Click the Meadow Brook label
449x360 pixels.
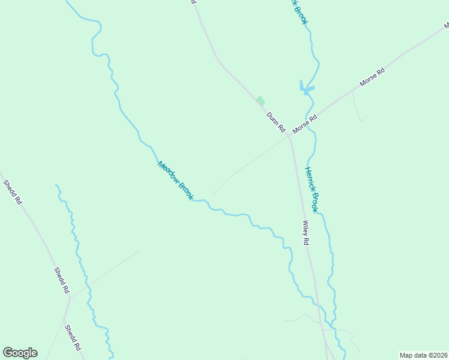tap(175, 180)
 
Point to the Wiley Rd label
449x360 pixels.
tap(306, 233)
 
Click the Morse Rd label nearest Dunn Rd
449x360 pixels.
tap(304, 124)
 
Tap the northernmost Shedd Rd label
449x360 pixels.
tap(12, 192)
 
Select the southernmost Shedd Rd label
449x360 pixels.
tap(73, 338)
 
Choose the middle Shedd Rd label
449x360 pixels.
tap(62, 280)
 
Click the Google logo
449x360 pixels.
tap(20, 353)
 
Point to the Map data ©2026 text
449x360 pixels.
tap(423, 355)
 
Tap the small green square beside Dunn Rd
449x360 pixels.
tap(260, 101)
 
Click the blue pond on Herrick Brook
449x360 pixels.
tap(306, 89)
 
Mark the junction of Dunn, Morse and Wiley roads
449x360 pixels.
tap(289, 137)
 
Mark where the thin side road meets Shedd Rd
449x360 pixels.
tap(70, 297)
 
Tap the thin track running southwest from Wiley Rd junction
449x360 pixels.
tap(246, 165)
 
